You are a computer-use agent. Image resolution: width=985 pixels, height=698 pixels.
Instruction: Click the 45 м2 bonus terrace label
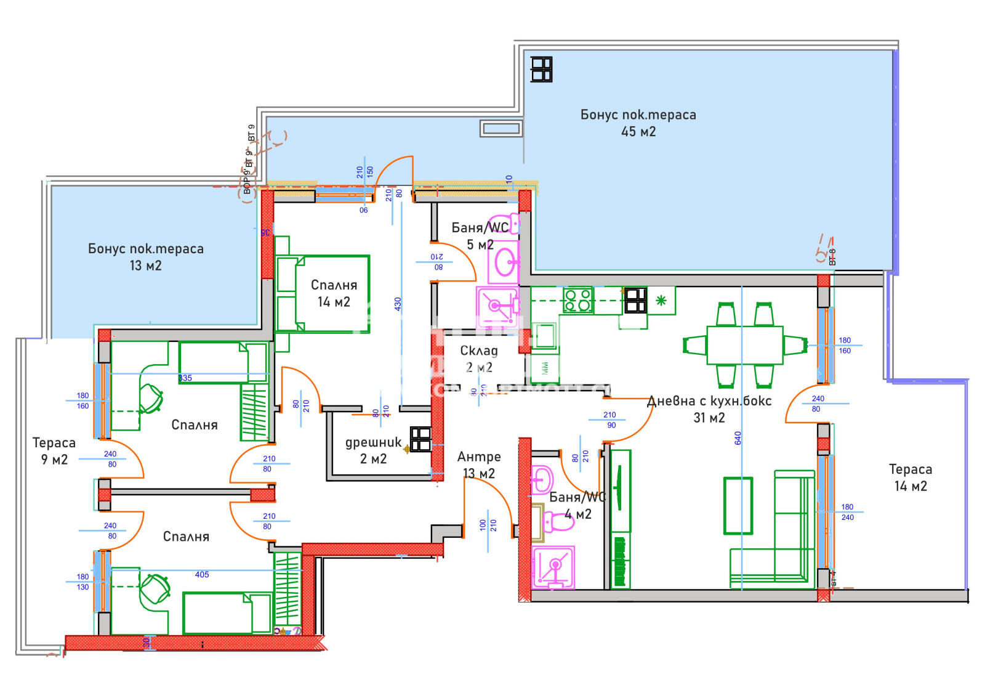pos(638,123)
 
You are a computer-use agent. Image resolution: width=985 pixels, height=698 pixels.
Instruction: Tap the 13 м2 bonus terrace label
pos(145,257)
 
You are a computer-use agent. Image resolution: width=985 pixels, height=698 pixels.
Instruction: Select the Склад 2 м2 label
pos(479,359)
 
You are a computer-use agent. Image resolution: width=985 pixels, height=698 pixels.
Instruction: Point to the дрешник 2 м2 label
pos(373,450)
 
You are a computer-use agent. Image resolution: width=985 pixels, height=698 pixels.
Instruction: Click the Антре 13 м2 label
pos(479,465)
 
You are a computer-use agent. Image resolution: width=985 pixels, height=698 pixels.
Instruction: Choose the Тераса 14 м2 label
pos(911,477)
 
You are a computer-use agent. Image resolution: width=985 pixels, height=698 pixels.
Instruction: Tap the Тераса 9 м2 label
pos(54,451)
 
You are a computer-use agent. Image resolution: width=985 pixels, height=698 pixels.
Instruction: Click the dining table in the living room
pos(744,345)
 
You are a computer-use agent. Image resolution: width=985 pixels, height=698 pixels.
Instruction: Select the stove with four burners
pos(577,300)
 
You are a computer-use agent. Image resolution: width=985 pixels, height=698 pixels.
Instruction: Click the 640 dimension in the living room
pos(738,438)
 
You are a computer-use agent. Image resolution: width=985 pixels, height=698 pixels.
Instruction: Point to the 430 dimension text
pos(398,304)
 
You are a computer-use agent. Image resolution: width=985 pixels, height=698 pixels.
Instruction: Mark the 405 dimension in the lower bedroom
pos(202,575)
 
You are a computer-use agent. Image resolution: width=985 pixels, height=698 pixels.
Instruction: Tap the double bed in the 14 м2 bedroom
pos(323,294)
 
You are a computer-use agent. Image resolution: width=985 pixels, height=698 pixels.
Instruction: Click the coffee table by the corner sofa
pos(738,505)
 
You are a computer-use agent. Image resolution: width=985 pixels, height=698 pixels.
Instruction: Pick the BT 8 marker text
pos(832,257)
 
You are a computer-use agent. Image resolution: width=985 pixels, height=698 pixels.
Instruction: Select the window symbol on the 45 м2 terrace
pos(542,69)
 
